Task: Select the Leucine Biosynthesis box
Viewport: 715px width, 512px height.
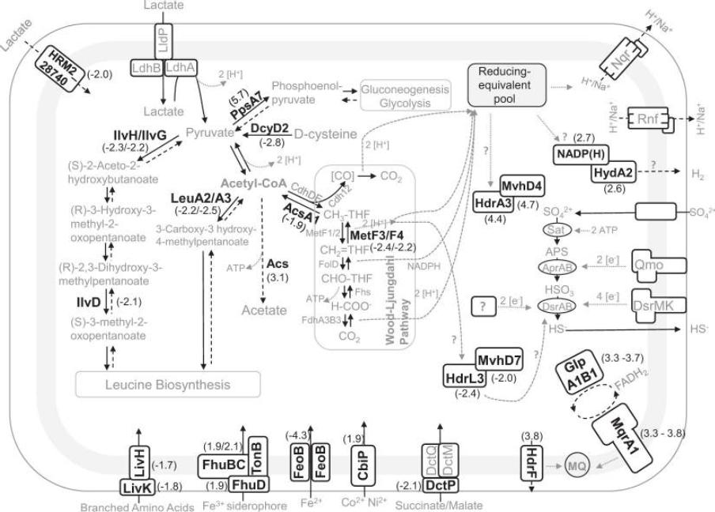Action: pyautogui.click(x=168, y=386)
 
